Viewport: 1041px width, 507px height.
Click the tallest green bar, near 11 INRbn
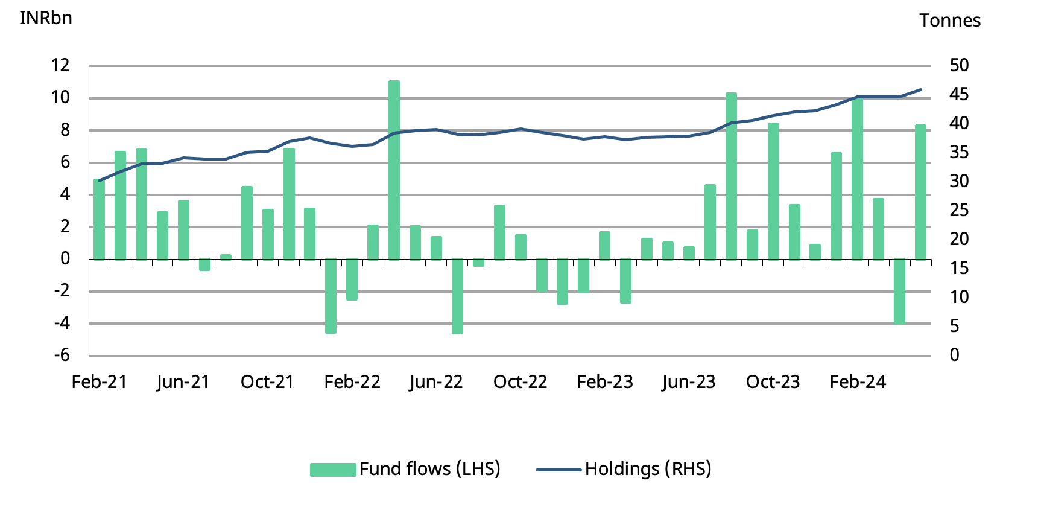[x=394, y=170]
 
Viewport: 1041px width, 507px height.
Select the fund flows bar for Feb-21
[x=100, y=220]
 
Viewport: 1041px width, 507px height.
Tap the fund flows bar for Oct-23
[x=773, y=191]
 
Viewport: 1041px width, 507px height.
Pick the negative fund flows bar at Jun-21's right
[x=205, y=264]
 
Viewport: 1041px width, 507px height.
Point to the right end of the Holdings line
[x=921, y=89]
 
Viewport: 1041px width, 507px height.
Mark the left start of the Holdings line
[x=100, y=180]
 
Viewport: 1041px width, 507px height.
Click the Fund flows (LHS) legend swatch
[x=333, y=470]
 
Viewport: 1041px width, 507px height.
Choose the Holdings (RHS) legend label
[x=648, y=469]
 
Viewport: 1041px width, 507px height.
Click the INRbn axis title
[x=46, y=18]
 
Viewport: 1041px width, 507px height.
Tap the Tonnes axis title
[x=949, y=21]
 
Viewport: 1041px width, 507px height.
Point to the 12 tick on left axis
[x=60, y=65]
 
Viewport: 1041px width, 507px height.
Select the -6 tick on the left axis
[x=62, y=355]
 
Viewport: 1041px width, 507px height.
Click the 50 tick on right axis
[x=958, y=65]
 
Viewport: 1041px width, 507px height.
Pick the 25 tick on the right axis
[x=958, y=210]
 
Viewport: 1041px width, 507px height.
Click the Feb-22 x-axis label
[x=352, y=382]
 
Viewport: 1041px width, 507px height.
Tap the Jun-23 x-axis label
[x=688, y=382]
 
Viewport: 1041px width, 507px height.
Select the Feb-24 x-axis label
[x=858, y=382]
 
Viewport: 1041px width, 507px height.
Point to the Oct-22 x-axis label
[x=520, y=382]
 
